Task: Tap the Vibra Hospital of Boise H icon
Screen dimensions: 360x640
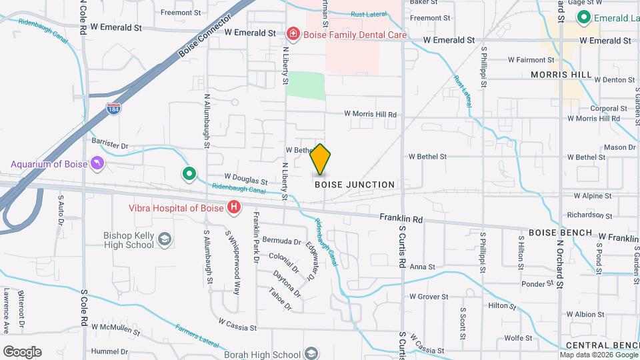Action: click(233, 208)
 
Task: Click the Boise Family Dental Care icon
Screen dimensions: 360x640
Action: click(292, 33)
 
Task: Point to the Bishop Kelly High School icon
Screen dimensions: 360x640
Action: click(164, 239)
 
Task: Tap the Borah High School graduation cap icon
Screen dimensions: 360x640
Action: click(311, 354)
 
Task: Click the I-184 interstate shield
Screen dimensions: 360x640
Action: click(113, 108)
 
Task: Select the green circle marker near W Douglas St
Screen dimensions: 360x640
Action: click(189, 175)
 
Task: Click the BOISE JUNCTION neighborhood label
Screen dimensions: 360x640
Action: click(355, 185)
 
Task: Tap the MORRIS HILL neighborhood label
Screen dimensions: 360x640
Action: click(561, 75)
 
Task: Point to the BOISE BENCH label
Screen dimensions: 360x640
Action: click(560, 233)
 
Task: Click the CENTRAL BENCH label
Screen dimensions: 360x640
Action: click(598, 345)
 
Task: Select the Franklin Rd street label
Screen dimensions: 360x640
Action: click(401, 218)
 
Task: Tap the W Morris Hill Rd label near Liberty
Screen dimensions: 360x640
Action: click(370, 115)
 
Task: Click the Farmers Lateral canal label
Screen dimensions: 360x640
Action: click(197, 336)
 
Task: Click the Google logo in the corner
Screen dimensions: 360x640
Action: click(22, 352)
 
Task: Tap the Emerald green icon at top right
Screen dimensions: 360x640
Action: click(585, 17)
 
